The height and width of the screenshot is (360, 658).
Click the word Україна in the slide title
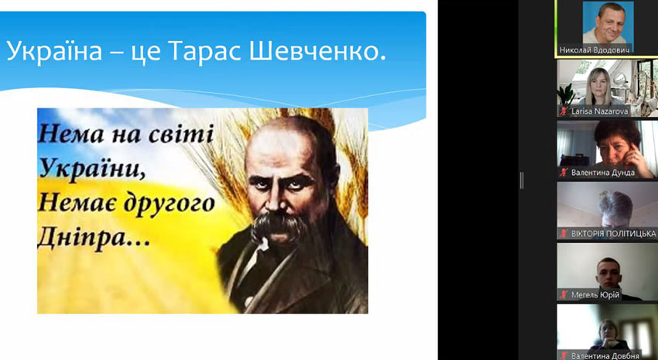(48, 53)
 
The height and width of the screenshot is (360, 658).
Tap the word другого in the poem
(170, 203)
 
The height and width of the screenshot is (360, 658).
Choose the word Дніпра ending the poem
(87, 238)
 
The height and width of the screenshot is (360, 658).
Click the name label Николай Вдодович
(595, 50)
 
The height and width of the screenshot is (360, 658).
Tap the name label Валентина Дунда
(602, 173)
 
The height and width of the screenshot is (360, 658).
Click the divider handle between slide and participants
(522, 180)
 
